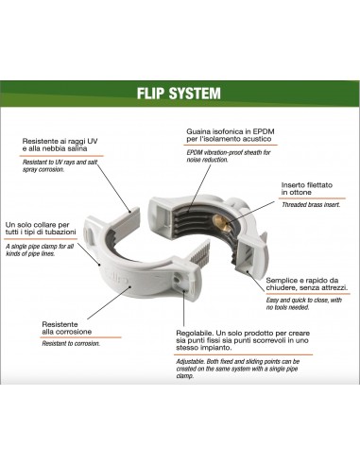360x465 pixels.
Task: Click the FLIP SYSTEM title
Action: point(180,95)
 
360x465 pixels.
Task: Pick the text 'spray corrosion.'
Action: point(50,174)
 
